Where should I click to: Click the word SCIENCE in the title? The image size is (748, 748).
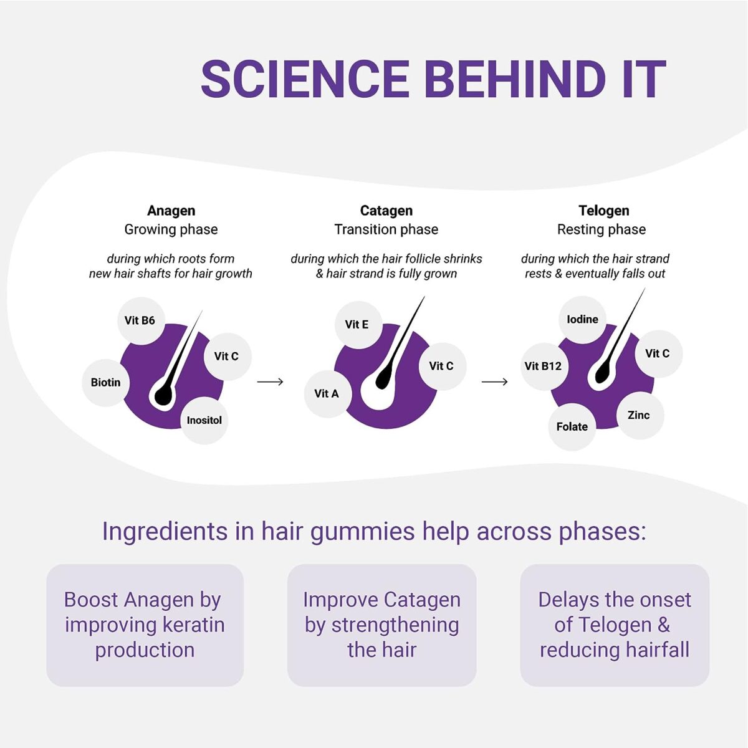pyautogui.click(x=305, y=79)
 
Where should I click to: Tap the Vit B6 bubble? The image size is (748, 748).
pyautogui.click(x=141, y=320)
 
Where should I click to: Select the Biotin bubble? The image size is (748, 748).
pyautogui.click(x=105, y=383)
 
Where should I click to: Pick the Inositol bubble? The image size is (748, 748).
pyautogui.click(x=204, y=420)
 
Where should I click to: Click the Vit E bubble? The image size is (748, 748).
pyautogui.click(x=358, y=325)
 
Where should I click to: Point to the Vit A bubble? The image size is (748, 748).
pyautogui.click(x=328, y=393)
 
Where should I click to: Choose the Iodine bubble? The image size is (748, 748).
pyautogui.click(x=582, y=320)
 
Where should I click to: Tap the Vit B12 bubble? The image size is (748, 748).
pyautogui.click(x=544, y=366)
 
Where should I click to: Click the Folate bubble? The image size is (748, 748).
pyautogui.click(x=572, y=427)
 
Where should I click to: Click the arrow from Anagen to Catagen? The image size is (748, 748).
pyautogui.click(x=270, y=382)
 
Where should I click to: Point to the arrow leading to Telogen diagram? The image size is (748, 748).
pyautogui.click(x=494, y=382)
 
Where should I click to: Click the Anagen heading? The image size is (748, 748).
pyautogui.click(x=171, y=211)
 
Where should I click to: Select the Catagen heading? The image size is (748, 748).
pyautogui.click(x=386, y=211)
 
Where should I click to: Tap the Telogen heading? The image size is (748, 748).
pyautogui.click(x=603, y=211)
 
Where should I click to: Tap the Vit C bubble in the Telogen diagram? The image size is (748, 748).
pyautogui.click(x=658, y=353)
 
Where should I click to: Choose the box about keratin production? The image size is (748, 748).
pyautogui.click(x=145, y=625)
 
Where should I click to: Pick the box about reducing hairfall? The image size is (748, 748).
pyautogui.click(x=615, y=625)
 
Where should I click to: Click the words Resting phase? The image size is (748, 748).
pyautogui.click(x=602, y=229)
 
